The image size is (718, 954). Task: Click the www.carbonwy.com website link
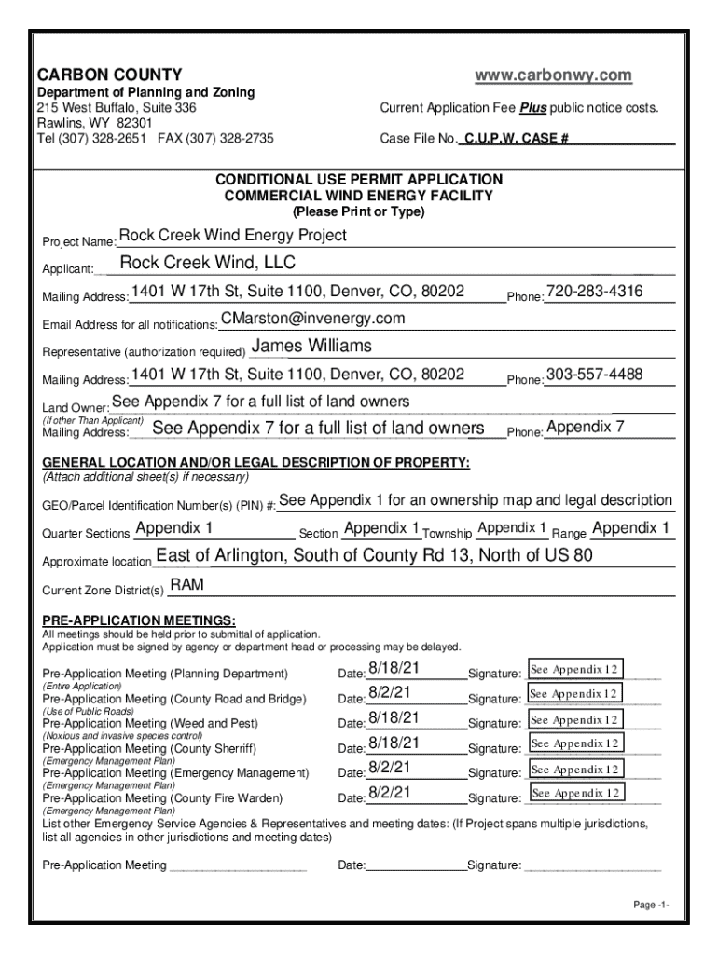(x=553, y=75)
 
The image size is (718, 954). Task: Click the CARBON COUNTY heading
(x=109, y=75)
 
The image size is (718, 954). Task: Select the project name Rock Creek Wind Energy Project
(x=232, y=236)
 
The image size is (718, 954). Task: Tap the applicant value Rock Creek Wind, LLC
(x=208, y=263)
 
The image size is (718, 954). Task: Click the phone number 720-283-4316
(x=594, y=292)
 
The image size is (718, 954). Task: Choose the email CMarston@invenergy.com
(x=312, y=320)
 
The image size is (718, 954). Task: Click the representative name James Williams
(x=312, y=347)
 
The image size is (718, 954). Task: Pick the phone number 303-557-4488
(x=594, y=375)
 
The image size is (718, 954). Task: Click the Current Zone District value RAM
(x=186, y=585)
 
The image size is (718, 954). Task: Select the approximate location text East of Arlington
(x=374, y=557)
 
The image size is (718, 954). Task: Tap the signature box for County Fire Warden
(x=575, y=793)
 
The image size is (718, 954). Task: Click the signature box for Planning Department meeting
(x=575, y=670)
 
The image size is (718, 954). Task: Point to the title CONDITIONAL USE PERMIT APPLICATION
(x=359, y=179)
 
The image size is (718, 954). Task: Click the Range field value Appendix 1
(x=631, y=529)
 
